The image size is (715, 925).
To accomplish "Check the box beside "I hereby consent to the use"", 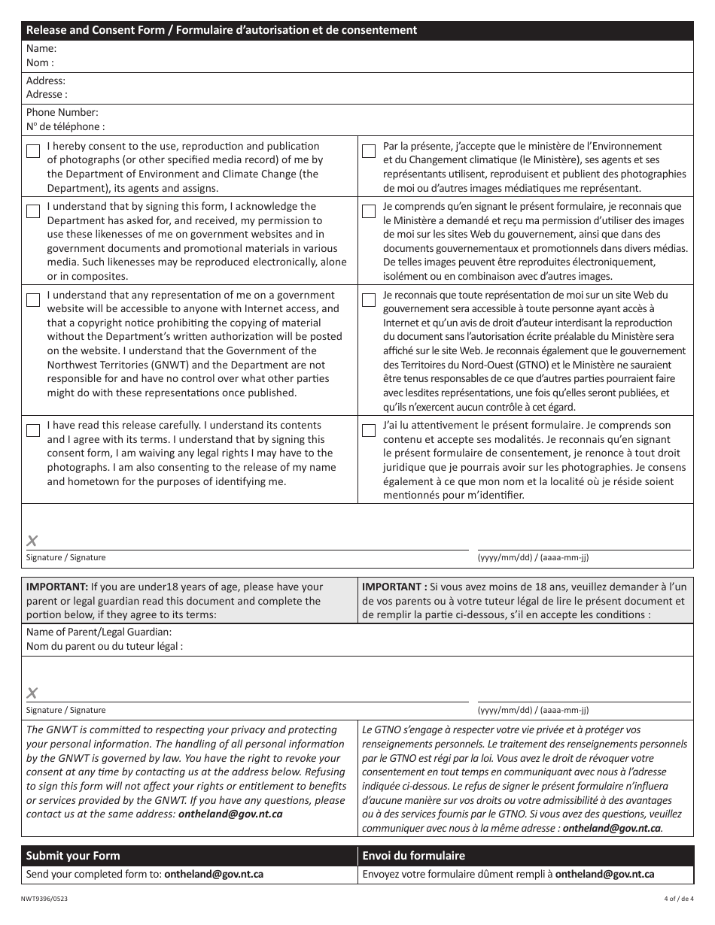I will coord(33,151).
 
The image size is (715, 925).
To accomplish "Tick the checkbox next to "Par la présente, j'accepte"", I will coord(369,151).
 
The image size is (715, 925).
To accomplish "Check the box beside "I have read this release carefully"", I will coord(33,431).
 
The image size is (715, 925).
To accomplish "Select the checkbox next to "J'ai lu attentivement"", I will coord(369,431).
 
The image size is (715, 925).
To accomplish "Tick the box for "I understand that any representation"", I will coord(33,300).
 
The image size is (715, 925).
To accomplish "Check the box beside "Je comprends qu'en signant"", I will coord(369,211).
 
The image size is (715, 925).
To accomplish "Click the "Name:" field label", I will coord(41,49).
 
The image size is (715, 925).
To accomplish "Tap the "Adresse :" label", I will coord(47,95).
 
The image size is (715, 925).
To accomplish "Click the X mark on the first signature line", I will coord(32,540).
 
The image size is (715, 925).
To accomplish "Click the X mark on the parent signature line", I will coord(32,693).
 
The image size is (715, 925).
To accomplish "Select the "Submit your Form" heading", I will coord(73,855).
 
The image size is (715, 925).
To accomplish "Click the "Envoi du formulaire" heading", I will coord(413,855).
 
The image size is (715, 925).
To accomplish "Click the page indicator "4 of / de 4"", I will coord(678,898).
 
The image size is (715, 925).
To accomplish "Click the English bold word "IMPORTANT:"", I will coord(56,587).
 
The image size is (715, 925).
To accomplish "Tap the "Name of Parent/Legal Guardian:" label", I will coord(99,632).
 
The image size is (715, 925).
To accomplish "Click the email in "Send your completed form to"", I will coord(214,874).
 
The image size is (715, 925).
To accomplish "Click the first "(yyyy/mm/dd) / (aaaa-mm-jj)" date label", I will coord(533,557).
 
